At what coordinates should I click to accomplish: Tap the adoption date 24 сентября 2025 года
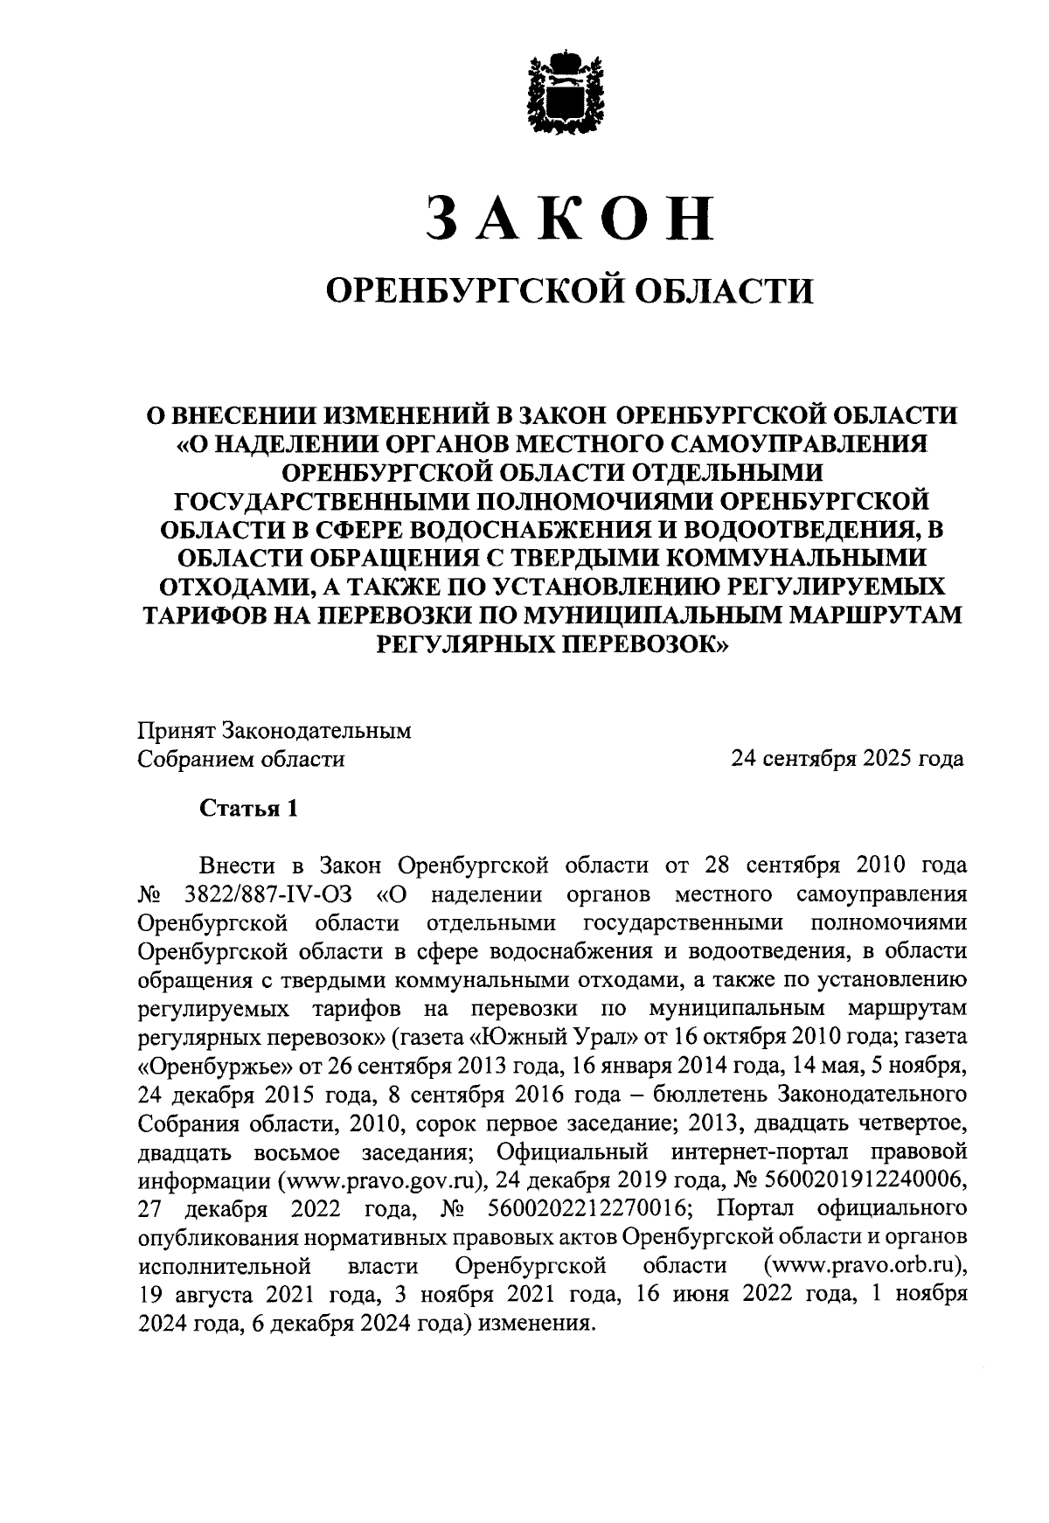(848, 758)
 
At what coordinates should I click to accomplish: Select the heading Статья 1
(249, 809)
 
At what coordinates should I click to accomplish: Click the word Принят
(176, 731)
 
